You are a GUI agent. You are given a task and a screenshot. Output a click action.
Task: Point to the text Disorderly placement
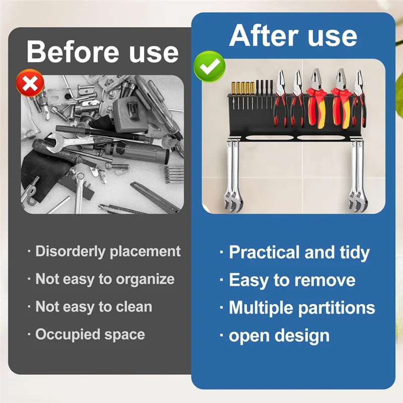108,251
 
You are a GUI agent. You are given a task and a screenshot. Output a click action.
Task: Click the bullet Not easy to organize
105,279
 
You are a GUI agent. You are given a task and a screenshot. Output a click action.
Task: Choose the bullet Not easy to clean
94,307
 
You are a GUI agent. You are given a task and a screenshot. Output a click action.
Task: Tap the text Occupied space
90,334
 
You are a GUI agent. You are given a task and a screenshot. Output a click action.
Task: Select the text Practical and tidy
299,252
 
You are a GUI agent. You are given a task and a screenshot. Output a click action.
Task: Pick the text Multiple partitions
302,308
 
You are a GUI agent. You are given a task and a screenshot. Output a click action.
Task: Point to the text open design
279,335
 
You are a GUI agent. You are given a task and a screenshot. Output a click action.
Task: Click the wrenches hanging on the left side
232,174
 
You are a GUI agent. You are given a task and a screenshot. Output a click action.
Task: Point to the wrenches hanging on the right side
357,174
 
